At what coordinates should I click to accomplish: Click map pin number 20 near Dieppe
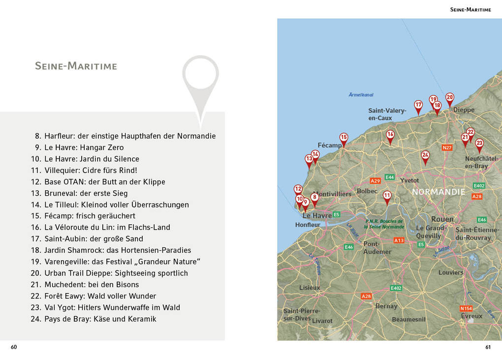click(449, 98)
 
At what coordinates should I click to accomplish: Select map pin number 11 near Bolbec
click(387, 196)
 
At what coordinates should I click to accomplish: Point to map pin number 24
click(425, 155)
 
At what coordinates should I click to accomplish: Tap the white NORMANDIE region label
click(439, 192)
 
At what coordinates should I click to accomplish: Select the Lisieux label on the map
click(310, 288)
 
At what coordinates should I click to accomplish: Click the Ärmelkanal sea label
click(361, 94)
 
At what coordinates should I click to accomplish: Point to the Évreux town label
click(471, 316)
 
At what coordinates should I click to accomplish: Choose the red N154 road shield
click(466, 308)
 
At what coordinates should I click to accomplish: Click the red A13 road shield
click(399, 240)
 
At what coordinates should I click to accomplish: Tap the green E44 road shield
click(390, 177)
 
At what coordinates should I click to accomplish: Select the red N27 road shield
click(447, 148)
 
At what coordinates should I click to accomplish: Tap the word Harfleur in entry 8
click(59, 136)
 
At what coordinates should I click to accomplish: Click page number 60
click(14, 347)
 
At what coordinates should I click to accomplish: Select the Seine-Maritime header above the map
click(471, 9)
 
